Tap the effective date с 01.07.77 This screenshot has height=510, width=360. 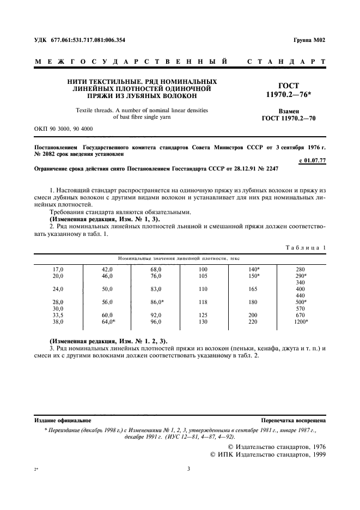(x=313, y=161)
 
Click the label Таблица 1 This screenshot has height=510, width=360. (x=306, y=247)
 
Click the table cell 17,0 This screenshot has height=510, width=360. (x=58, y=269)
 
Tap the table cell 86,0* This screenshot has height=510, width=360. (x=157, y=302)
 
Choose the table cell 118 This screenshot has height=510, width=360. (x=203, y=302)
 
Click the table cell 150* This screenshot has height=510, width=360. (x=254, y=276)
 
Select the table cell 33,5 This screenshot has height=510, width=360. (x=58, y=315)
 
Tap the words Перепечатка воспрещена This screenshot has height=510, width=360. (x=294, y=421)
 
